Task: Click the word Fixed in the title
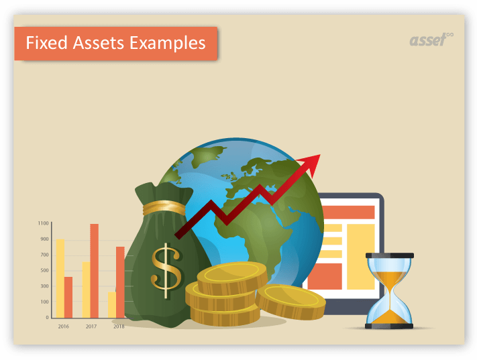click(x=44, y=44)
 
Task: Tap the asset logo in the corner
click(x=430, y=40)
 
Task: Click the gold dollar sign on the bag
click(x=166, y=266)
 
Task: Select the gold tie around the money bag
click(x=164, y=206)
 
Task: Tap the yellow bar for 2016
click(x=60, y=278)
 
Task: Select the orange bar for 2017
click(x=95, y=270)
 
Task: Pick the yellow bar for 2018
click(x=112, y=304)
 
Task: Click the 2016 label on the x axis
click(x=63, y=326)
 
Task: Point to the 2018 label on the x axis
click(x=119, y=326)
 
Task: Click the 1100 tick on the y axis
click(x=43, y=223)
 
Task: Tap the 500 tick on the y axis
click(x=44, y=270)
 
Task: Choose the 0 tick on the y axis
click(x=47, y=317)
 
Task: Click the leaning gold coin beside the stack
click(x=291, y=301)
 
